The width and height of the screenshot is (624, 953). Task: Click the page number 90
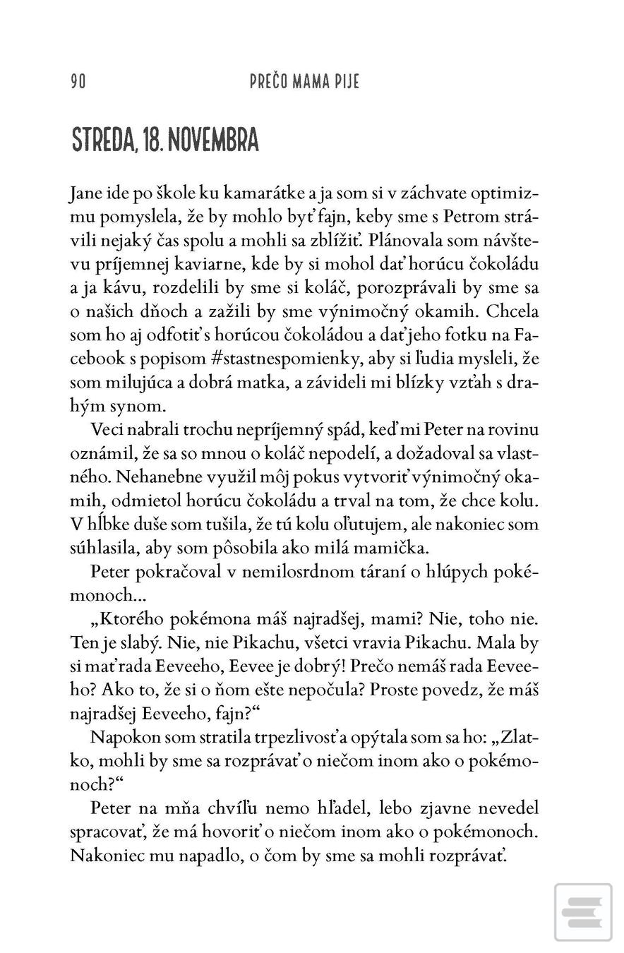pos(78,81)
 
